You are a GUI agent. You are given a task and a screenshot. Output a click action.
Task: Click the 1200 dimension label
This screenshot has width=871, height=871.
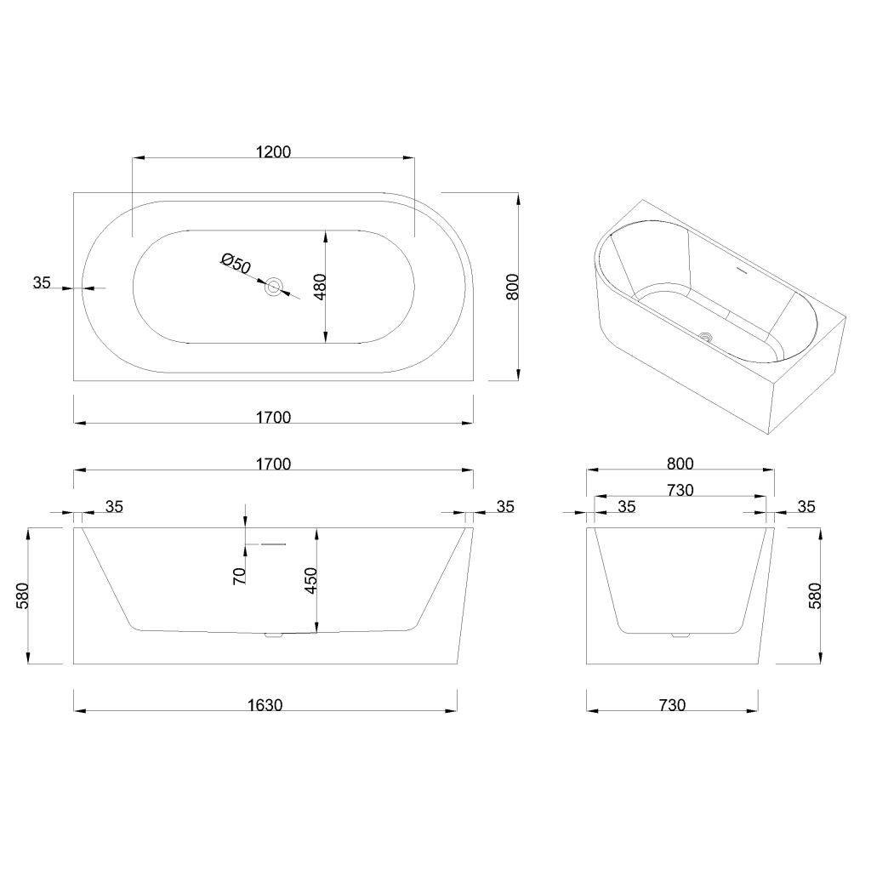273,151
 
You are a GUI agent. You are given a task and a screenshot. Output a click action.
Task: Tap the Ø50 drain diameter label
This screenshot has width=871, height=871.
236,263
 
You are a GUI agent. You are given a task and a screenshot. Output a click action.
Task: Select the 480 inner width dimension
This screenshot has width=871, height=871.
320,287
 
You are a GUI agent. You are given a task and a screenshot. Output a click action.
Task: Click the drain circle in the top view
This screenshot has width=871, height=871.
273,287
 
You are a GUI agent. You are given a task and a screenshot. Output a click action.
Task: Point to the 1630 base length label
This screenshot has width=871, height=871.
265,705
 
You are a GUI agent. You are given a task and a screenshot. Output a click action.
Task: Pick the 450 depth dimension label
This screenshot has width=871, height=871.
311,580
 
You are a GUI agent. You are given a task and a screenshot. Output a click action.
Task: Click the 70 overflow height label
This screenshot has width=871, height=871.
240,576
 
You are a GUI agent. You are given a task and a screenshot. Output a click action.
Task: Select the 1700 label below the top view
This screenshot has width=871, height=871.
273,417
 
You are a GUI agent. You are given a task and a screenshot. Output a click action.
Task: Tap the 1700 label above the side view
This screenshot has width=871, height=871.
273,464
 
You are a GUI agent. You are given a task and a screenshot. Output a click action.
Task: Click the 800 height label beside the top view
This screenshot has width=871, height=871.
513,287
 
